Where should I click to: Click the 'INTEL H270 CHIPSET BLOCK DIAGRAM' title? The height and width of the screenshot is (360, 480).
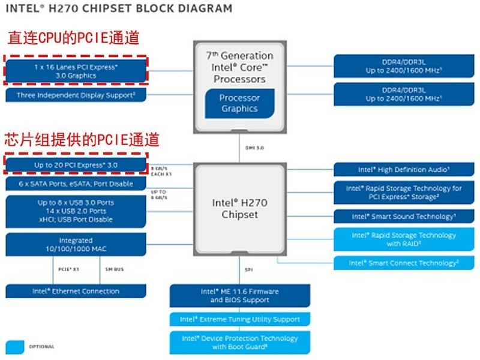119,9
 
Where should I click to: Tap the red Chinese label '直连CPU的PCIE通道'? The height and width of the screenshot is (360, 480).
73,38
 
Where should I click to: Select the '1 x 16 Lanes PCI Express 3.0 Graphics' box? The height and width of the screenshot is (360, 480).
76,71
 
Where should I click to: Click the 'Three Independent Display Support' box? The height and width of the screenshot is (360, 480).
76,95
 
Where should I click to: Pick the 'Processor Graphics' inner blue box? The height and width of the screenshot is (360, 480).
239,103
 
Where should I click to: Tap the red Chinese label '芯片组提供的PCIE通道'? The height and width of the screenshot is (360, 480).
83,140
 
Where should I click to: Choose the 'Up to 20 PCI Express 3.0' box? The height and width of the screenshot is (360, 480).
76,164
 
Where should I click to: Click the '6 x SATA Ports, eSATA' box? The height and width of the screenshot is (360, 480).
76,184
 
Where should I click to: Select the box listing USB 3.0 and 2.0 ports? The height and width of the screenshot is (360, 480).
76,211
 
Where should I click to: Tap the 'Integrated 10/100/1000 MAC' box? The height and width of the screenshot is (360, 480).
76,244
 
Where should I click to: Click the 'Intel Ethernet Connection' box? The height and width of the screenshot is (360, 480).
76,291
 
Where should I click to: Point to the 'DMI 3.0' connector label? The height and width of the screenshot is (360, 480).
255,147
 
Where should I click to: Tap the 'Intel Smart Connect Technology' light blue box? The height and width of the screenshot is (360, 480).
404,263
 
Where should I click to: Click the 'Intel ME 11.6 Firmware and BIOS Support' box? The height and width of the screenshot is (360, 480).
239,296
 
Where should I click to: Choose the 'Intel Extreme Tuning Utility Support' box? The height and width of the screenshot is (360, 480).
239,319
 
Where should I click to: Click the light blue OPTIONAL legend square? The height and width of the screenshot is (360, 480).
15,346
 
